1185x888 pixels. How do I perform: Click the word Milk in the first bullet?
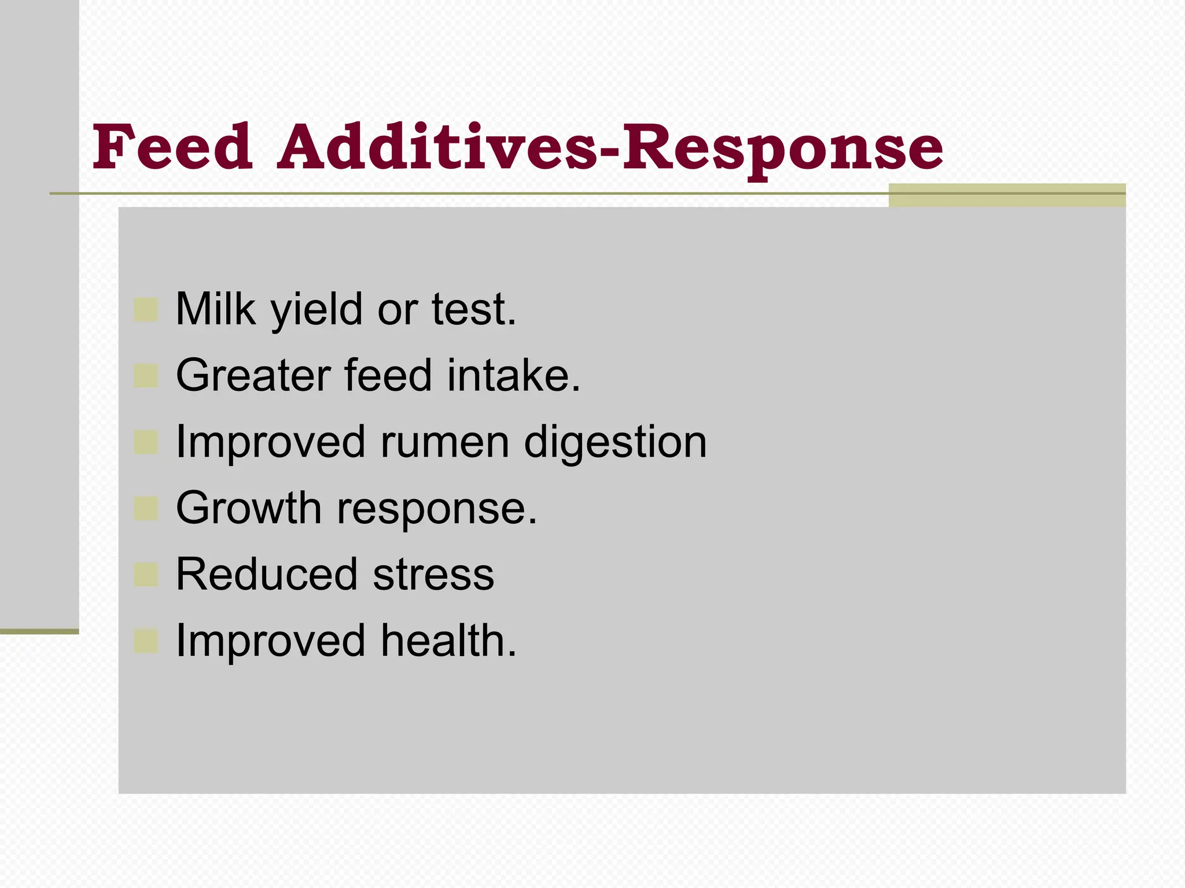click(215, 309)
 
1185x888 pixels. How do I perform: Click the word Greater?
click(253, 375)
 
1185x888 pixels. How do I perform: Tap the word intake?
click(513, 375)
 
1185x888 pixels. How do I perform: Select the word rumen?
click(444, 442)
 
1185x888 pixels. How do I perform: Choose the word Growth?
click(249, 508)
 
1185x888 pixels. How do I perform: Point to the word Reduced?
click(267, 575)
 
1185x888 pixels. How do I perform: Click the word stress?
click(433, 576)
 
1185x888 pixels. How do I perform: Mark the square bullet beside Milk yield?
click(146, 310)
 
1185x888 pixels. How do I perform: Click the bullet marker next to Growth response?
click(146, 509)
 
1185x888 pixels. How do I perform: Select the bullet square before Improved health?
click(146, 641)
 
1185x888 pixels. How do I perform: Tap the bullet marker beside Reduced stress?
click(146, 575)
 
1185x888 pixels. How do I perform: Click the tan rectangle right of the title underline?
click(1007, 195)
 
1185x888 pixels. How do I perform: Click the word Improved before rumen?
click(270, 442)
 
